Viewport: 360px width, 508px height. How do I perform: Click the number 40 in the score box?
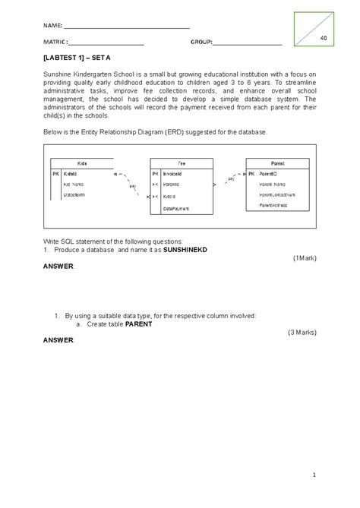coord(324,39)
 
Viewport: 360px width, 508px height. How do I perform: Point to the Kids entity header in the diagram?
coord(82,163)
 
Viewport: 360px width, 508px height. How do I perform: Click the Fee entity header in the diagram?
coord(182,163)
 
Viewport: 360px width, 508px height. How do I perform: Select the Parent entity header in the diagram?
coord(277,163)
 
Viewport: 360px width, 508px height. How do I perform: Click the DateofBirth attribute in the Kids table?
coord(76,195)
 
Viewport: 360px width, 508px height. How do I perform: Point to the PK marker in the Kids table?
coord(55,174)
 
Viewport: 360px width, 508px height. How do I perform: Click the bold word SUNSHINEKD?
coord(163,249)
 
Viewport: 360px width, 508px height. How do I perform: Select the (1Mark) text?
coord(304,257)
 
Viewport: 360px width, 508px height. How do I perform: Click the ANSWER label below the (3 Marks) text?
coord(58,340)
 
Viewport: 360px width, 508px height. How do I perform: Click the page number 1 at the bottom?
coord(313,475)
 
